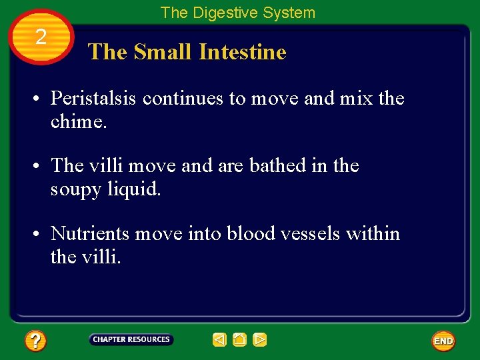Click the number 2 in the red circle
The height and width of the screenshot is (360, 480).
41,37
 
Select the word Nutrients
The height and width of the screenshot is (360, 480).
90,234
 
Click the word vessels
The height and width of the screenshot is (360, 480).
311,234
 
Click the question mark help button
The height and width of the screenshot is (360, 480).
35,341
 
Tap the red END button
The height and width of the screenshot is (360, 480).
443,341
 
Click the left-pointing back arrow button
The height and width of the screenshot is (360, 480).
220,340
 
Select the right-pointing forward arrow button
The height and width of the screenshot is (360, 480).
260,340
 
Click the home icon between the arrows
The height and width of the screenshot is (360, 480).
240,340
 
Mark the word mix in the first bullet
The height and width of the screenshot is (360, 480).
357,99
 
